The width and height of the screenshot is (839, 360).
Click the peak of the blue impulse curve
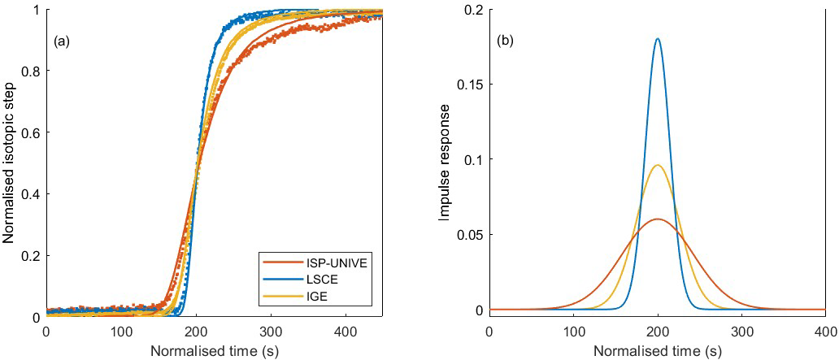(657, 39)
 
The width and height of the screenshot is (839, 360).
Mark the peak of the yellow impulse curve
(657, 165)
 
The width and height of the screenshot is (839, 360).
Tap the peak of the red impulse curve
(657, 219)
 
